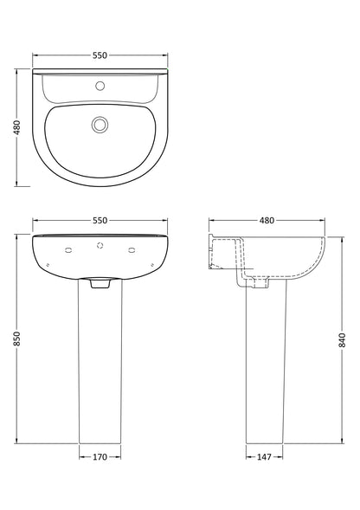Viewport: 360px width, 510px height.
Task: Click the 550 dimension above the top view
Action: [100, 55]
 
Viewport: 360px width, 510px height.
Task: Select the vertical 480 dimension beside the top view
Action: [16, 127]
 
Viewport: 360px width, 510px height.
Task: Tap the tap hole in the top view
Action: [100, 87]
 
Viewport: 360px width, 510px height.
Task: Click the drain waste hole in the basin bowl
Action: [100, 126]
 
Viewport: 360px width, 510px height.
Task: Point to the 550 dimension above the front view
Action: [100, 221]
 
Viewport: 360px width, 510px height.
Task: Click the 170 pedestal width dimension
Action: [100, 457]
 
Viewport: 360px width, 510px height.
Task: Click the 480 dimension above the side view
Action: [267, 221]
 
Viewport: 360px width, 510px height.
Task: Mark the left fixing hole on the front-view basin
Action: [68, 250]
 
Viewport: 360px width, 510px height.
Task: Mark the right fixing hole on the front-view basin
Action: [132, 250]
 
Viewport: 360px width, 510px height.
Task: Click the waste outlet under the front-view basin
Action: [100, 282]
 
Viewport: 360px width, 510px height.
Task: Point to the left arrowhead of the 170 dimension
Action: [81, 457]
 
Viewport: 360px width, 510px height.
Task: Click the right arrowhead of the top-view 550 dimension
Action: [166, 55]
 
